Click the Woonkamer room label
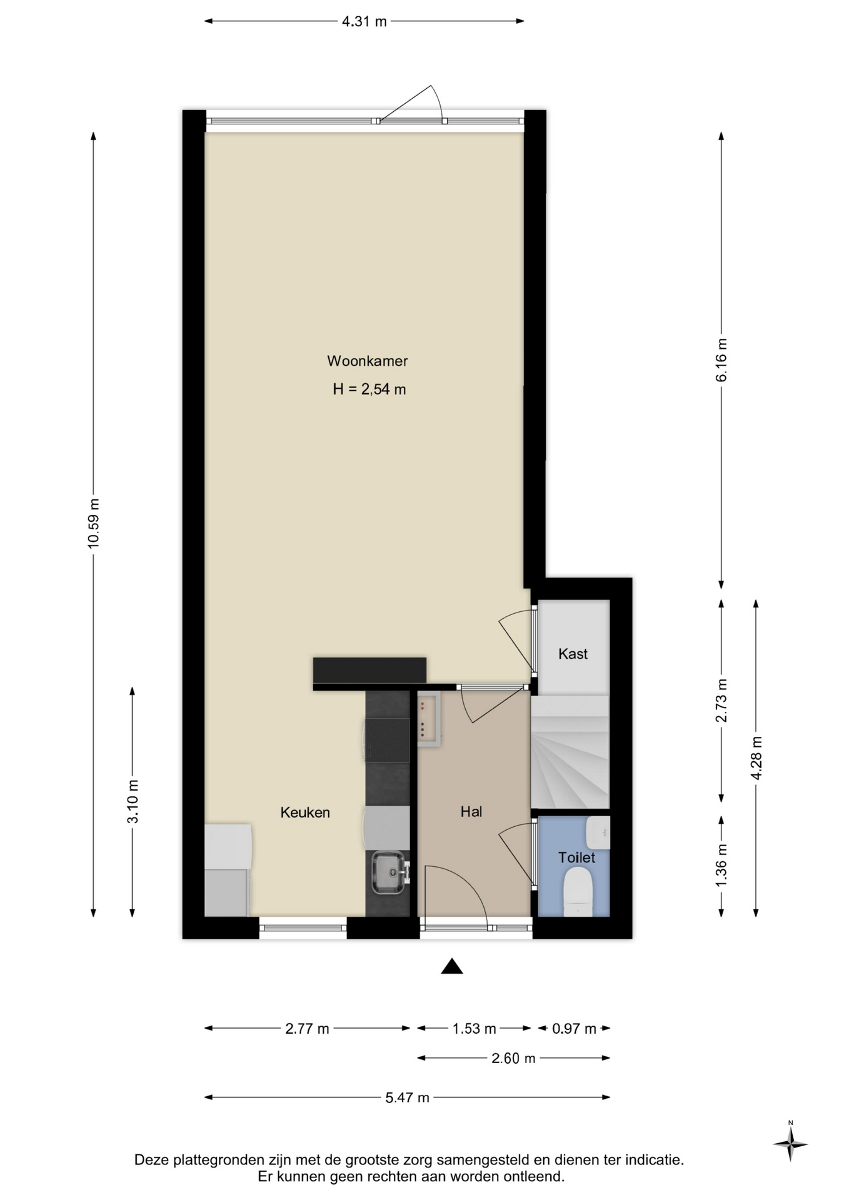click(x=367, y=361)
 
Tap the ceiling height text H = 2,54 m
click(x=369, y=389)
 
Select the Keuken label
click(x=304, y=812)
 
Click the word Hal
click(x=471, y=812)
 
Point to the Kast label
click(x=573, y=654)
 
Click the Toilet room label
click(x=576, y=857)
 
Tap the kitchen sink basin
click(x=388, y=872)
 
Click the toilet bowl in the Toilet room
click(x=578, y=894)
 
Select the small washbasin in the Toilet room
click(x=598, y=832)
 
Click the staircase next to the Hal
click(x=570, y=752)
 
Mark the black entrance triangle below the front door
click(x=451, y=966)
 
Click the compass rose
click(x=790, y=1144)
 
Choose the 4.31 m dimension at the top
click(x=364, y=21)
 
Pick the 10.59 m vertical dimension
click(x=93, y=524)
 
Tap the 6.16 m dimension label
click(x=721, y=360)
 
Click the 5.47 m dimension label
click(x=408, y=1097)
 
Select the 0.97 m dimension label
click(x=574, y=1029)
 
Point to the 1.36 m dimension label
click(x=721, y=864)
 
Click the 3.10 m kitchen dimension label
click(x=133, y=802)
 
